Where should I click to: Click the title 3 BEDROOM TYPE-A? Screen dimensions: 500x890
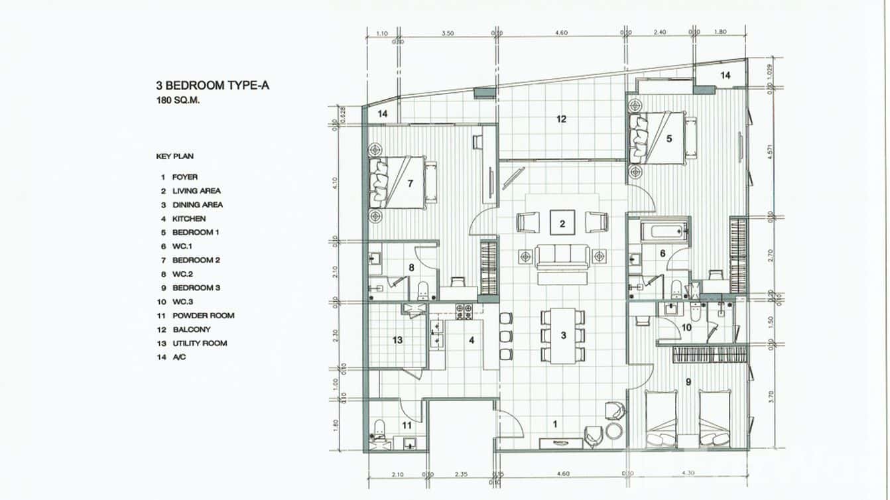pos(212,86)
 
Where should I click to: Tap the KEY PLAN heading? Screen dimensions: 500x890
pos(175,156)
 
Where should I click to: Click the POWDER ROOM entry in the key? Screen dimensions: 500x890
pos(203,316)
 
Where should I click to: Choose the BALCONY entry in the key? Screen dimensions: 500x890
pos(191,330)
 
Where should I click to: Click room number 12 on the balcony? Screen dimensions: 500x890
pos(561,119)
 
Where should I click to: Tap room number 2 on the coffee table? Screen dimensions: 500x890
pos(562,223)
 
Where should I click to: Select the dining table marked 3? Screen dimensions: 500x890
pos(562,336)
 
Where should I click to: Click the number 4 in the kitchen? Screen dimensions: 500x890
pos(472,341)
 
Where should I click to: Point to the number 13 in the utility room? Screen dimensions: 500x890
pos(397,341)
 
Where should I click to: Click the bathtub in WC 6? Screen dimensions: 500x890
pos(663,233)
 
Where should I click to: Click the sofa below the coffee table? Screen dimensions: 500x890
pos(562,256)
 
